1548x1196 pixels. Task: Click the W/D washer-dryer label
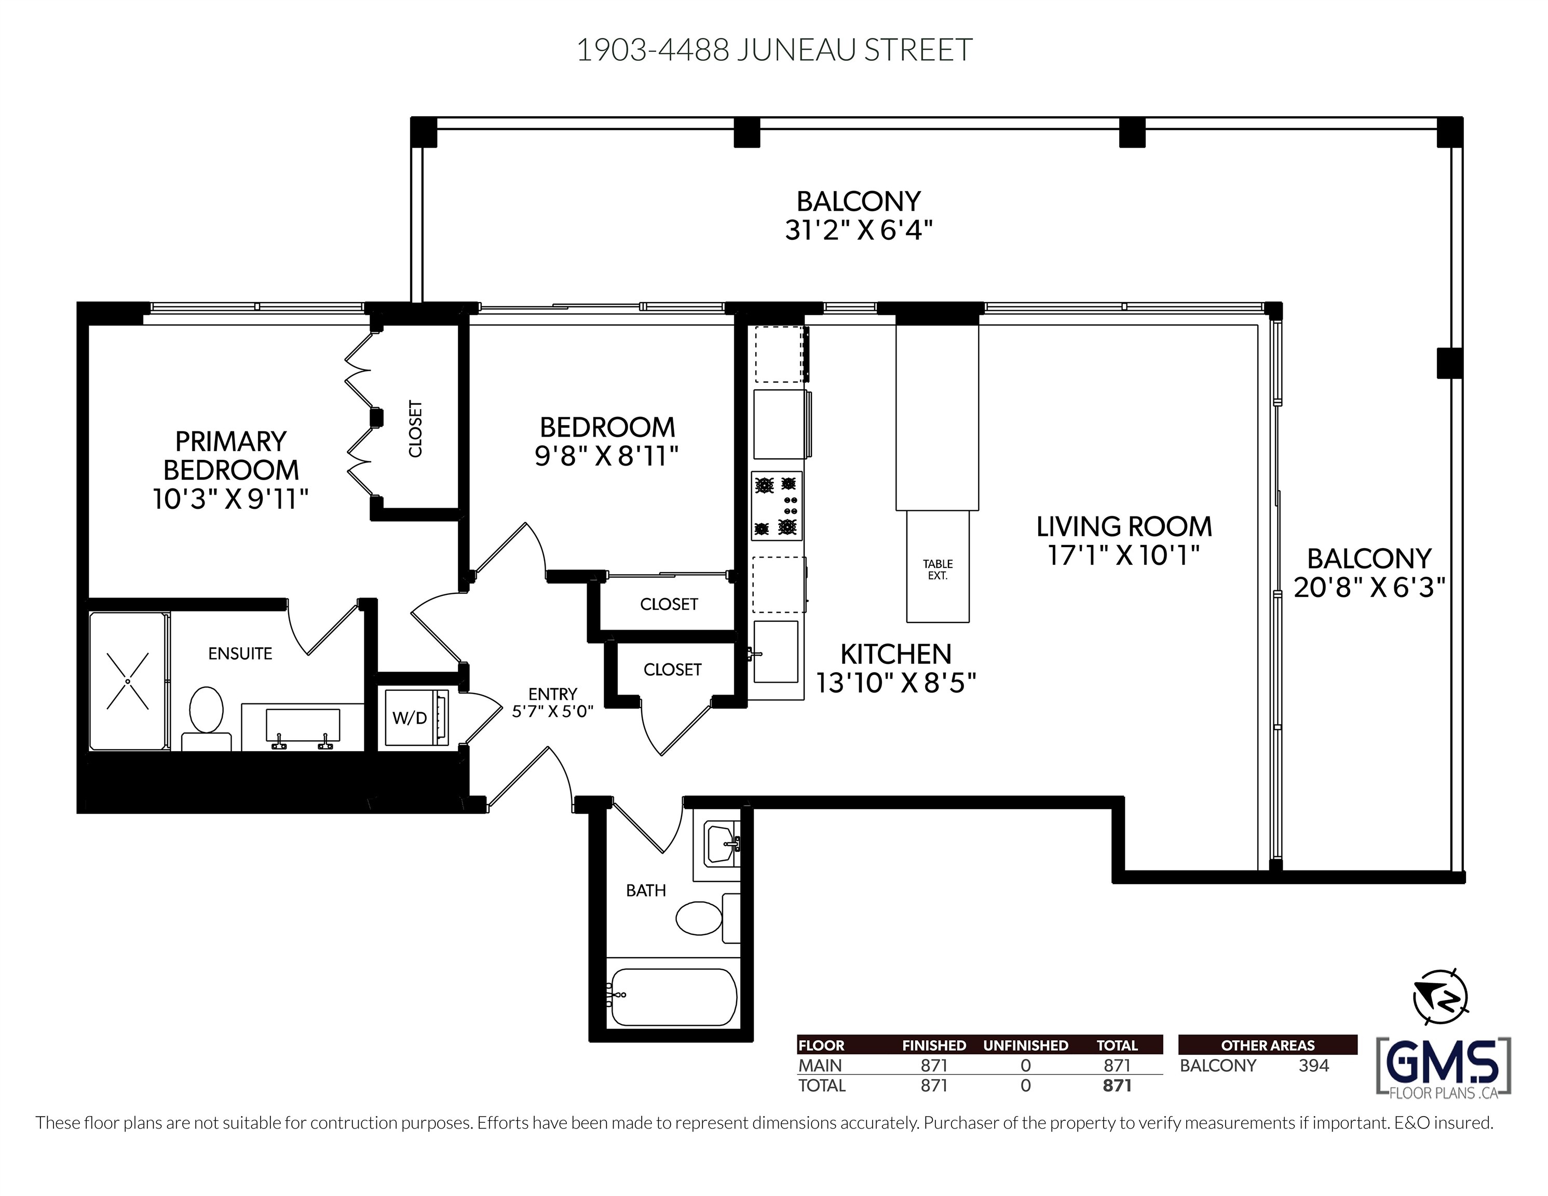(x=410, y=718)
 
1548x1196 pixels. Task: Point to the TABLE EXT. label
(x=938, y=570)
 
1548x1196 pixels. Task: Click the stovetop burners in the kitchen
(x=777, y=506)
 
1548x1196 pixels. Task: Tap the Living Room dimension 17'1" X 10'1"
(x=1123, y=555)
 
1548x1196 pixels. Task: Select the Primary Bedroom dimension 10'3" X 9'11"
(x=230, y=499)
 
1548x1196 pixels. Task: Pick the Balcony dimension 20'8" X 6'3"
(x=1369, y=588)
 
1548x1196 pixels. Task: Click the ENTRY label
(x=553, y=694)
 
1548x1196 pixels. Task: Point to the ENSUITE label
(x=240, y=654)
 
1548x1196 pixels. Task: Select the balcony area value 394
(x=1313, y=1066)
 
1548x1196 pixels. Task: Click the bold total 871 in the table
(x=1117, y=1085)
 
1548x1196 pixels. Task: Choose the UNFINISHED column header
(x=1026, y=1045)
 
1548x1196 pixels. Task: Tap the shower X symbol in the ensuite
(x=128, y=681)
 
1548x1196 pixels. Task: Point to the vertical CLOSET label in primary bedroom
(x=415, y=429)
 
